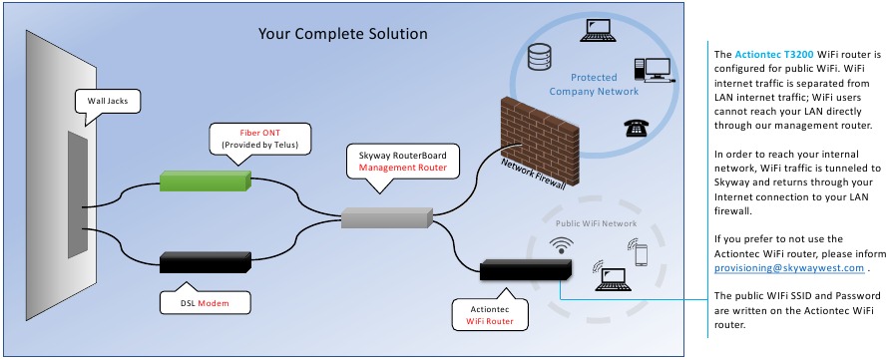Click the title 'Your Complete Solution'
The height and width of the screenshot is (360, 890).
[342, 34]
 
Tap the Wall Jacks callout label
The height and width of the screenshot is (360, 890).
[103, 101]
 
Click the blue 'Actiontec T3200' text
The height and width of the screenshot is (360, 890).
[770, 52]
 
